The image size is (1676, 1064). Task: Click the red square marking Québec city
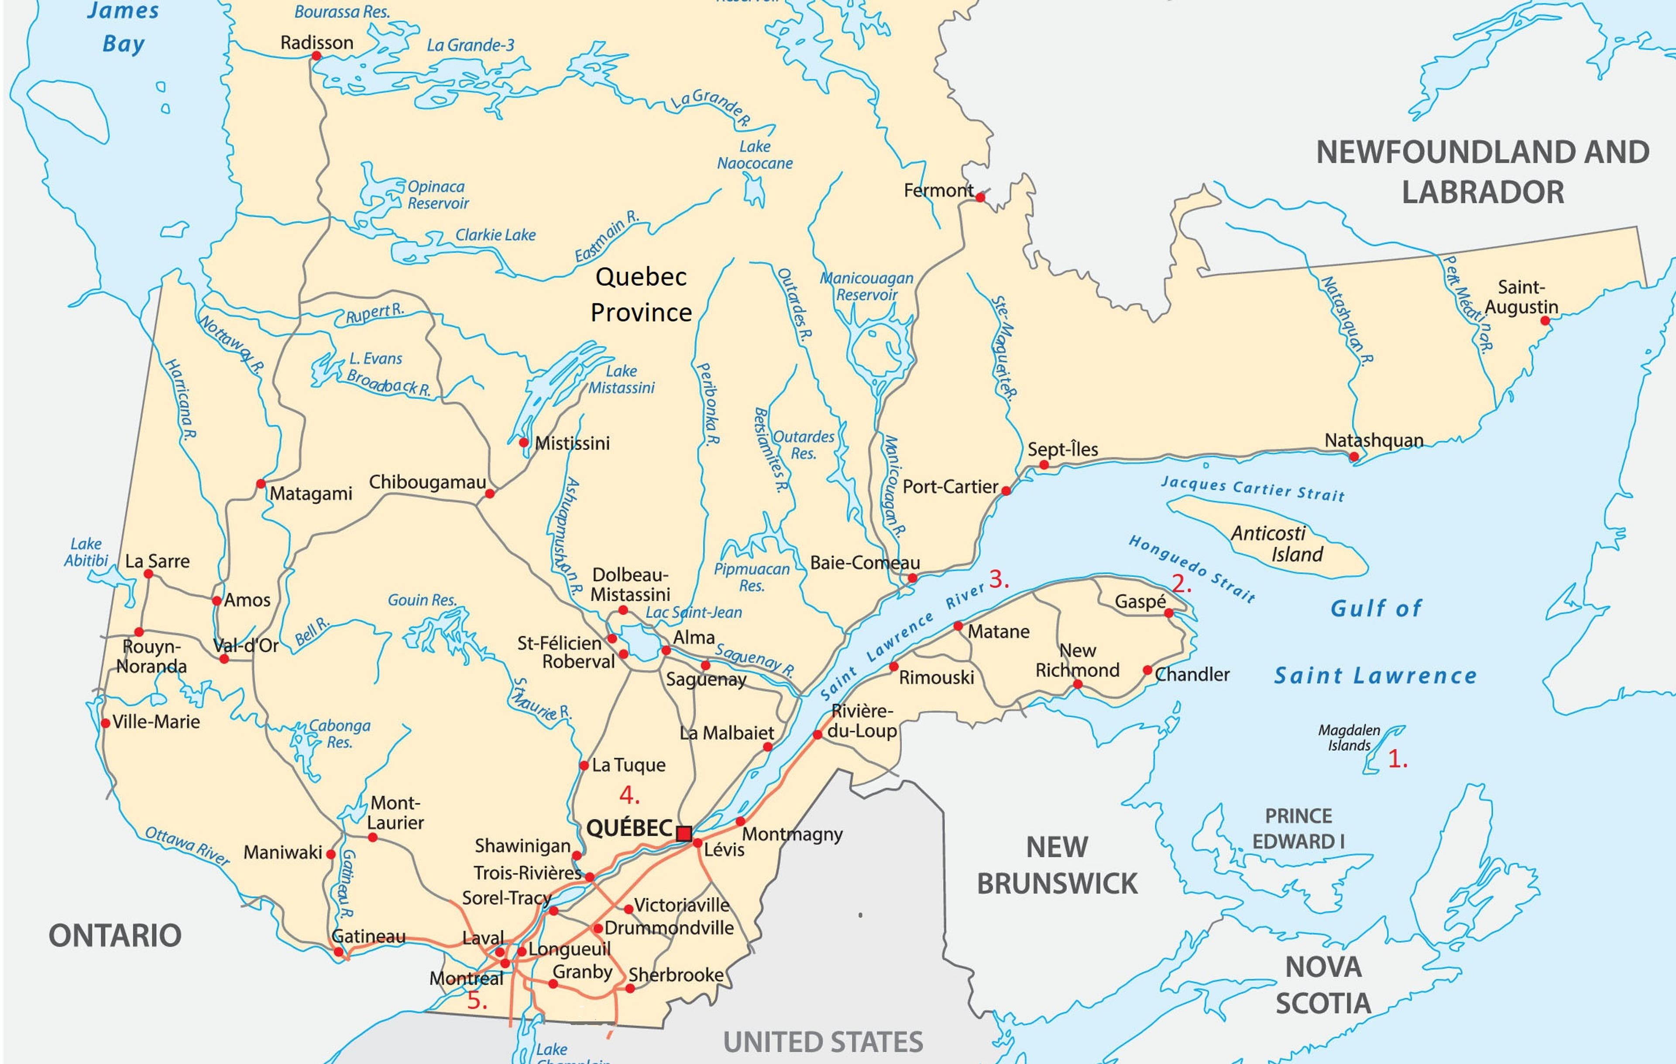click(684, 833)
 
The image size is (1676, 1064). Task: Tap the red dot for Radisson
click(316, 56)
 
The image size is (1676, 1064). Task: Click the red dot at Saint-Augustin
click(1545, 321)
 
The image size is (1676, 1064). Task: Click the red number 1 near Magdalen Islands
click(1397, 759)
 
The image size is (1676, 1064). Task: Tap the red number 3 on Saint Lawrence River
click(998, 579)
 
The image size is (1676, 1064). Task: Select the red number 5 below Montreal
click(476, 1001)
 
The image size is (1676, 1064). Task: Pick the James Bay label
click(123, 28)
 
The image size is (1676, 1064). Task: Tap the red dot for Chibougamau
click(489, 494)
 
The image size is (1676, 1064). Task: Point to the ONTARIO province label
click(115, 935)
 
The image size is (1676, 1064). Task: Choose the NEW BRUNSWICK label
click(1057, 865)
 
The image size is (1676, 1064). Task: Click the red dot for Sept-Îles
click(1043, 465)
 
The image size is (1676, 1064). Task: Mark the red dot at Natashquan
click(1354, 457)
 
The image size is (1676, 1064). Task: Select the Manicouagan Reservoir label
click(866, 286)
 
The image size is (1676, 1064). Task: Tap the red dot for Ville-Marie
click(106, 723)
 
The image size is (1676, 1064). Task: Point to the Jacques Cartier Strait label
click(1252, 488)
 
